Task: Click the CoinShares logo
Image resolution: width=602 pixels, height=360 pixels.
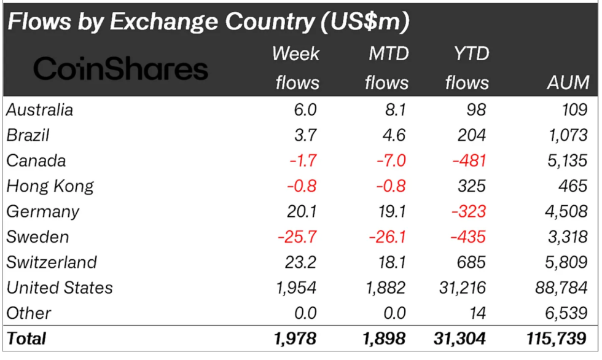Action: tap(121, 69)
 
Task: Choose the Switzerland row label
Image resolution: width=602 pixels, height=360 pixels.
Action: tap(52, 262)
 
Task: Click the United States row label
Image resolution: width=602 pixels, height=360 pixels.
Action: tap(60, 288)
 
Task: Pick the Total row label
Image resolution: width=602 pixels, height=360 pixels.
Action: tap(26, 337)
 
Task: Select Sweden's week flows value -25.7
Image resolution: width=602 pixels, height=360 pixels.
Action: tap(297, 237)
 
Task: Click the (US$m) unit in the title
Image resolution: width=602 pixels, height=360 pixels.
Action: tap(364, 22)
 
